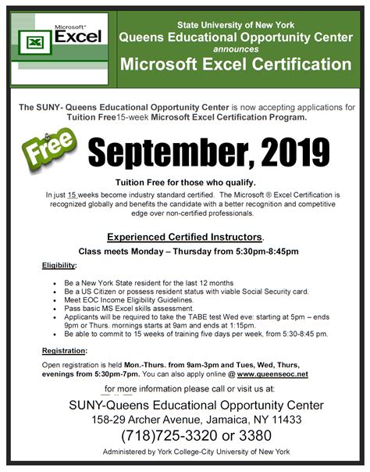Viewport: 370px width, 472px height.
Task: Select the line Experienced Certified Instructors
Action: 184,236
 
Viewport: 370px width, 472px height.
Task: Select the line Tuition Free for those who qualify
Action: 185,181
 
